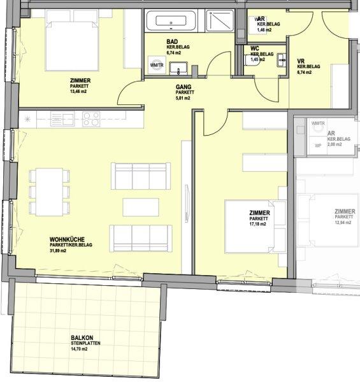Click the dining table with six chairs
tap(49, 192)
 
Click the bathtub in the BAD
tap(171, 23)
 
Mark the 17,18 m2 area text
tap(259, 225)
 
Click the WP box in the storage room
tap(317, 145)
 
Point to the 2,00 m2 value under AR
tap(335, 145)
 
